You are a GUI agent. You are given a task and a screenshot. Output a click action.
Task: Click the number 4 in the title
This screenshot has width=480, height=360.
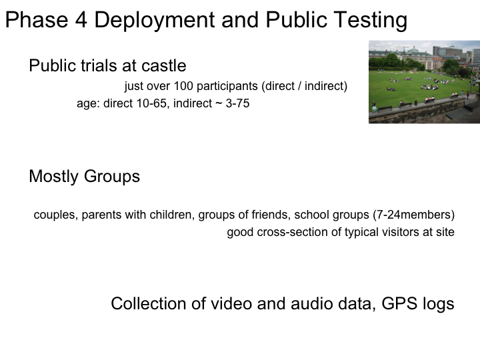click(x=81, y=20)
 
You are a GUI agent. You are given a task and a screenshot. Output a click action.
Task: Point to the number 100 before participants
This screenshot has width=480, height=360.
click(x=183, y=86)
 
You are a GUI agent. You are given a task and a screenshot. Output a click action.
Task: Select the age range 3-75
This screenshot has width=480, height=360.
click(x=237, y=103)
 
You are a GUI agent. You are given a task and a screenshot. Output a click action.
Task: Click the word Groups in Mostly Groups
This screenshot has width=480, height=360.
click(x=112, y=176)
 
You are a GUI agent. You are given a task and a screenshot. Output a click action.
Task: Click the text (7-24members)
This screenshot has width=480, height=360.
click(x=413, y=215)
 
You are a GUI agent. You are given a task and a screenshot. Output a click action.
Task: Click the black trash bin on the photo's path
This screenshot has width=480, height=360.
click(x=416, y=103)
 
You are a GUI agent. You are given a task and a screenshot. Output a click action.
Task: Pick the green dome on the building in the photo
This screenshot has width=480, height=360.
click(x=413, y=49)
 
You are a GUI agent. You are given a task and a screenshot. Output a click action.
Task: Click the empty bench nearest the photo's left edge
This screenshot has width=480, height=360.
click(x=385, y=109)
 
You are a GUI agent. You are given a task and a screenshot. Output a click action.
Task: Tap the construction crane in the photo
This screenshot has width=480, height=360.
click(x=405, y=49)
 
